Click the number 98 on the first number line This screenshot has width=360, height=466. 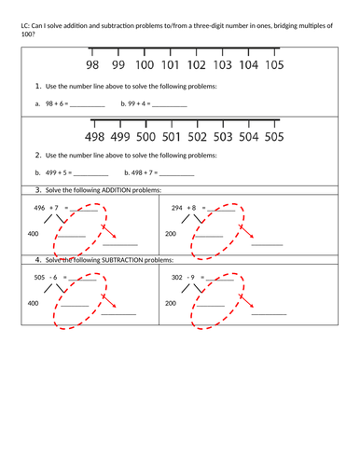point(92,66)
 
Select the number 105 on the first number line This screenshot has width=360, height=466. point(273,66)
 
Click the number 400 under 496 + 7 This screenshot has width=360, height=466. point(34,233)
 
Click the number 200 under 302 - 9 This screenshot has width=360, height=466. point(171,303)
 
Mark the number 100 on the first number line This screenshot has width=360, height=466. point(145,66)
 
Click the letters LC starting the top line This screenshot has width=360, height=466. point(24,26)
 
